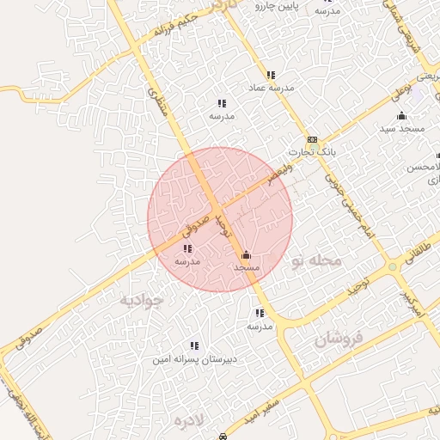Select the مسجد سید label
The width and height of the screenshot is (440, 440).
[x=402, y=128]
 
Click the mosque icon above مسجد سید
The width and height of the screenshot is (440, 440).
[x=401, y=116]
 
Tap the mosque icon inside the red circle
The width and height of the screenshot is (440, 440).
[x=247, y=255]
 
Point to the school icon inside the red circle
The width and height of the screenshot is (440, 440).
[x=188, y=248]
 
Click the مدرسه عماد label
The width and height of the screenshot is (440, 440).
[x=271, y=88]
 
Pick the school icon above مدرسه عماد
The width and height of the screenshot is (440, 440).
[x=271, y=76]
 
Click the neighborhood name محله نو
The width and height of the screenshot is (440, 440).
[x=316, y=260]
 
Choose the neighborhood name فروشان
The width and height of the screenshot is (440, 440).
[x=339, y=337]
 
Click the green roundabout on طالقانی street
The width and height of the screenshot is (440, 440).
[x=393, y=268]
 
